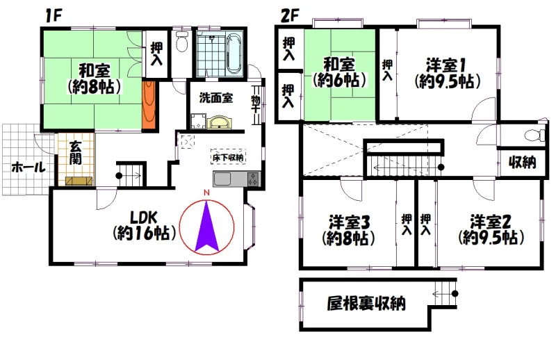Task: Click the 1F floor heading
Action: (54, 15)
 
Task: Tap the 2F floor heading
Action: (290, 15)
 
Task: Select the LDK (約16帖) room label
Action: (145, 226)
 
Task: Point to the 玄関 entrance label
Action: (76, 152)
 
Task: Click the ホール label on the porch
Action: (28, 167)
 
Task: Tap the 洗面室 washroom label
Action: (216, 97)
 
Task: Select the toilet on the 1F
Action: (182, 42)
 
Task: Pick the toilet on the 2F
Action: (534, 136)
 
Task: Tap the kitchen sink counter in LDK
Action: (237, 179)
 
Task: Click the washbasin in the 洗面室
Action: (220, 122)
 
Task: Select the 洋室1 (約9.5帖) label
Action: (447, 74)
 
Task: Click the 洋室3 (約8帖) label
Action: (349, 231)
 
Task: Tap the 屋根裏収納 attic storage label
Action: (366, 303)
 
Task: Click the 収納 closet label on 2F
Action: (522, 163)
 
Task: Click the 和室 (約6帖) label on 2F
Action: (339, 72)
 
